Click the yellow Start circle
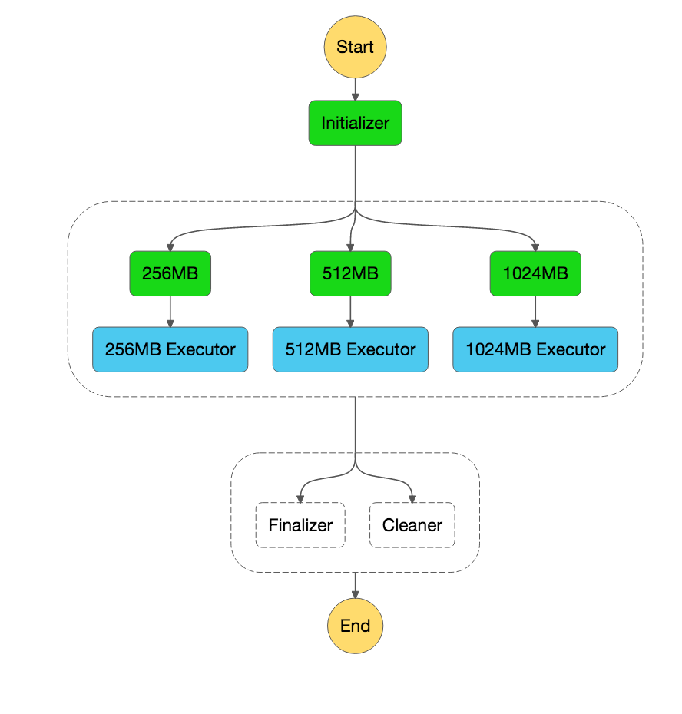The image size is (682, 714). tap(355, 47)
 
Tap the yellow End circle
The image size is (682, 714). tap(355, 626)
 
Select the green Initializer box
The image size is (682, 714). tap(355, 123)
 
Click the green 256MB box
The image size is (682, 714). tap(170, 273)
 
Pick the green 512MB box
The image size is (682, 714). tap(351, 273)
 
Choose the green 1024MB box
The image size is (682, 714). tap(535, 273)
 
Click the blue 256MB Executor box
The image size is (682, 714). tap(170, 349)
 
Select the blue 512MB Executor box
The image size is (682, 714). tap(351, 349)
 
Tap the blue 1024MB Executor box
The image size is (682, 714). tap(535, 349)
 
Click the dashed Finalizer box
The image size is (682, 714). tap(300, 525)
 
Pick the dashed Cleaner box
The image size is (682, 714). tap(412, 525)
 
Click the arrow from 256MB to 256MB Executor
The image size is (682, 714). tap(170, 311)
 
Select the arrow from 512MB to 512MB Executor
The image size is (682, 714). tap(351, 311)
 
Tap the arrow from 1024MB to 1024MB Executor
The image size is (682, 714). tap(535, 311)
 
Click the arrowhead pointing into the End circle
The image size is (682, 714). tap(355, 593)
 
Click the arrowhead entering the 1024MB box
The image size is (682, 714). tap(535, 246)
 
